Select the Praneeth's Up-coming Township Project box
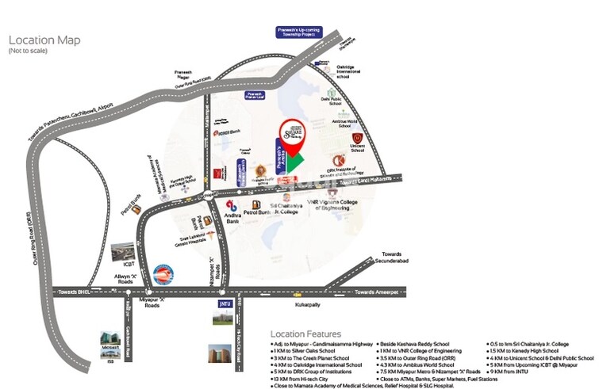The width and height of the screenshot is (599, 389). pyautogui.click(x=297, y=32)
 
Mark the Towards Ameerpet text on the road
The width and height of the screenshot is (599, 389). pyautogui.click(x=374, y=292)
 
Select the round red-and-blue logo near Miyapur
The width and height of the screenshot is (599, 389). pyautogui.click(x=163, y=273)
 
